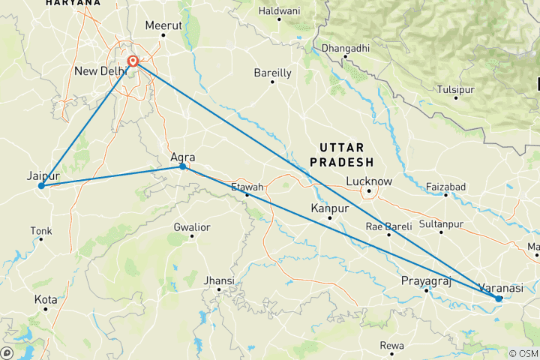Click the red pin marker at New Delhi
pyautogui.click(x=133, y=61)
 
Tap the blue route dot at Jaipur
pyautogui.click(x=41, y=185)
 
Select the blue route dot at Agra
pyautogui.click(x=182, y=166)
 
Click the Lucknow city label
pyautogui.click(x=369, y=181)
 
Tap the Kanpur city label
pyautogui.click(x=330, y=208)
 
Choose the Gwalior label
pyautogui.click(x=191, y=226)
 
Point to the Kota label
pyautogui.click(x=46, y=299)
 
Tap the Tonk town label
pyautogui.click(x=40, y=230)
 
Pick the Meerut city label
pyautogui.click(x=163, y=25)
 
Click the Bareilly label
pyautogui.click(x=272, y=73)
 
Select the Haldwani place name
pyautogui.click(x=278, y=11)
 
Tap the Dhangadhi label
pyautogui.click(x=344, y=49)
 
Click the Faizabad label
pyautogui.click(x=445, y=185)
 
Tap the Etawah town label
pyautogui.click(x=247, y=186)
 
